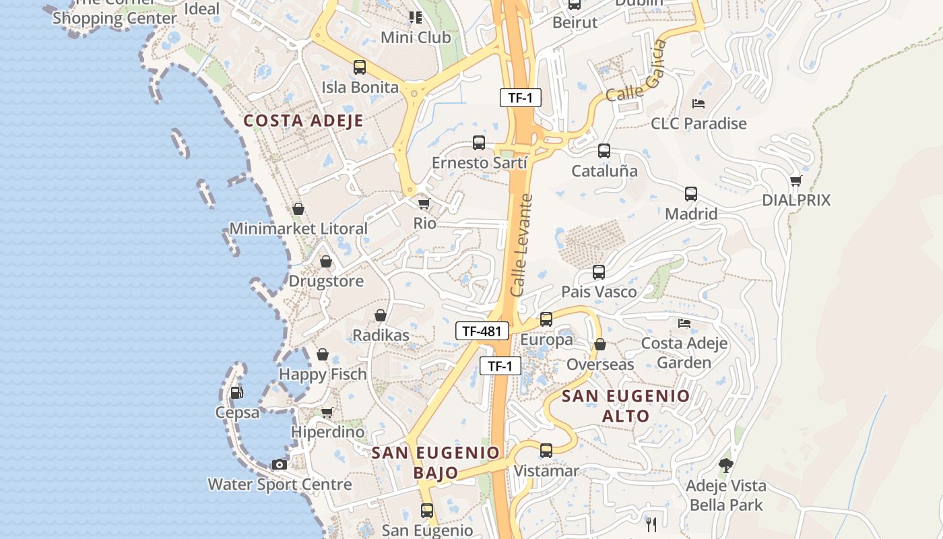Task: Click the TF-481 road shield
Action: pyautogui.click(x=482, y=331)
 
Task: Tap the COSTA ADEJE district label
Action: pyautogui.click(x=303, y=121)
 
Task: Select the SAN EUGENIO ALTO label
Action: pyautogui.click(x=626, y=406)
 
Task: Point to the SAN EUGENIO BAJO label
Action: pyautogui.click(x=436, y=462)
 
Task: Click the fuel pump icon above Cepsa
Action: pyautogui.click(x=236, y=392)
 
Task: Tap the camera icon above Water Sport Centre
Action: pyautogui.click(x=279, y=464)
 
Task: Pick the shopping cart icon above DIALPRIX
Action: pyautogui.click(x=795, y=181)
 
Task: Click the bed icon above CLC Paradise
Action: pyautogui.click(x=698, y=104)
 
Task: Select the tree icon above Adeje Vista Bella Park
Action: pyautogui.click(x=725, y=465)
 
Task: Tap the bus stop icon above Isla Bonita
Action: pyautogui.click(x=360, y=67)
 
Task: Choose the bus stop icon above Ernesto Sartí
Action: pyautogui.click(x=479, y=143)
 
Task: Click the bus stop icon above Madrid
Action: pyautogui.click(x=691, y=194)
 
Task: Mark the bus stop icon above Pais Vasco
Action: pyautogui.click(x=599, y=272)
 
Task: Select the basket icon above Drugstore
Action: pyautogui.click(x=326, y=261)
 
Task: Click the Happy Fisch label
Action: pyautogui.click(x=323, y=374)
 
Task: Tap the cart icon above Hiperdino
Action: pyautogui.click(x=327, y=412)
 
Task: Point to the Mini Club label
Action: pyautogui.click(x=416, y=37)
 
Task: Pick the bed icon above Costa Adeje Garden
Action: pyautogui.click(x=684, y=323)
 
